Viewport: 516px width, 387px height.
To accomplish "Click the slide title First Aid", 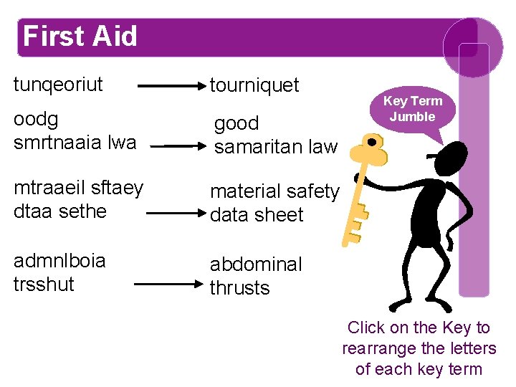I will (x=80, y=36).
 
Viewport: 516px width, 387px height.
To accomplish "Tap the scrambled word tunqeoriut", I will (x=58, y=85).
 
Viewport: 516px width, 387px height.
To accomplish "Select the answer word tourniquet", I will (x=254, y=86).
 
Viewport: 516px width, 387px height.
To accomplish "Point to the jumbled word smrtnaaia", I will (x=59, y=142).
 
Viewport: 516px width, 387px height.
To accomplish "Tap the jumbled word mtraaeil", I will (x=48, y=188).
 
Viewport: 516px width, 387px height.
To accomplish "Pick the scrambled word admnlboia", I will (x=59, y=260).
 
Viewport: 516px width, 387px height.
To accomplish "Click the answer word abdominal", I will (x=256, y=264).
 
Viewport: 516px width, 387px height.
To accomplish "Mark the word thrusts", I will (x=239, y=288).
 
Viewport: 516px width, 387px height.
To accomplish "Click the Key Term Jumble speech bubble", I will (x=413, y=109).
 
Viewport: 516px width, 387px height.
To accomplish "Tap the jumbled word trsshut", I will (x=44, y=284).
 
